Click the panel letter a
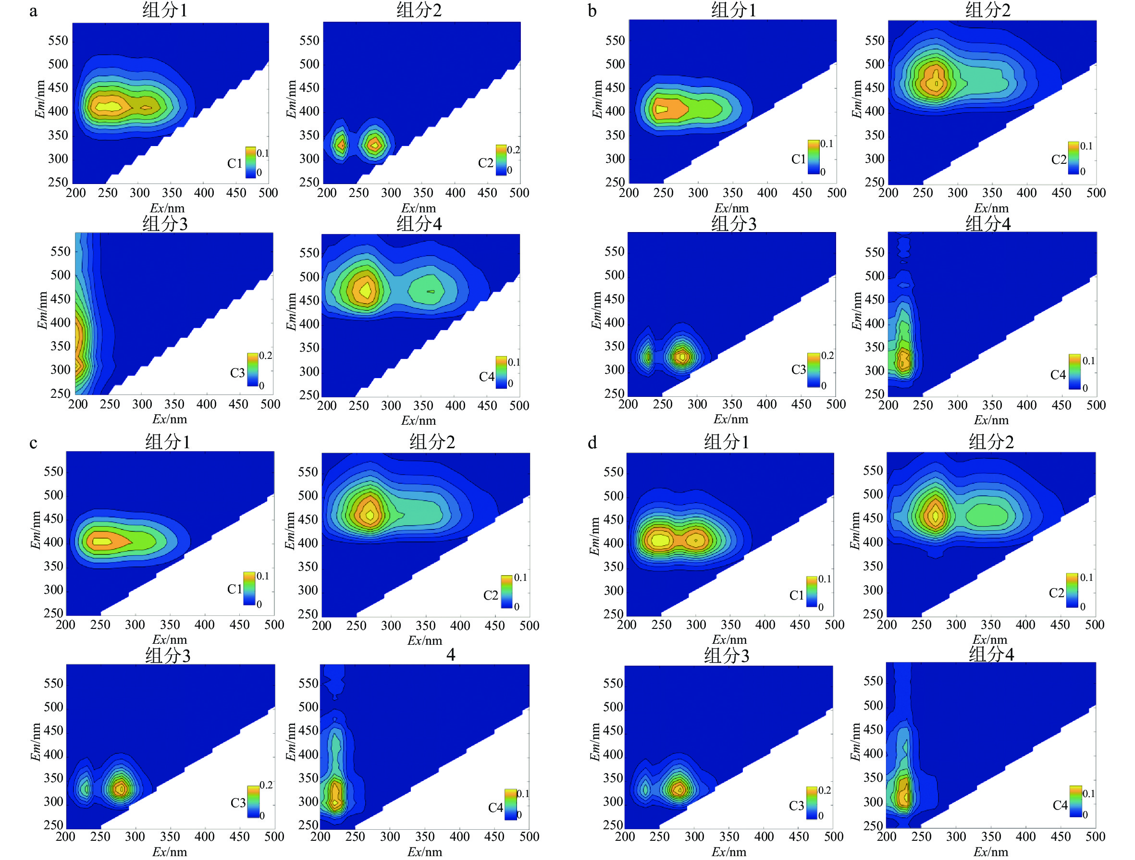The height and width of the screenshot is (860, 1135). pyautogui.click(x=33, y=11)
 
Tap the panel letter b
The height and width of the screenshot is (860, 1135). pyautogui.click(x=592, y=11)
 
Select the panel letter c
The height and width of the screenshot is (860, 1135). pyautogui.click(x=33, y=443)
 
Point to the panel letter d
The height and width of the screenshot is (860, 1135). pyautogui.click(x=592, y=443)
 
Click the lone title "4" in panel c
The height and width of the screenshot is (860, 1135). pyautogui.click(x=451, y=655)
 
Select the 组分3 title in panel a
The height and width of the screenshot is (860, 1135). pyautogui.click(x=165, y=224)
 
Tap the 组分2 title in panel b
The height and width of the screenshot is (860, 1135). pyautogui.click(x=988, y=10)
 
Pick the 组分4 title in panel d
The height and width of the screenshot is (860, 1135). pyautogui.click(x=991, y=654)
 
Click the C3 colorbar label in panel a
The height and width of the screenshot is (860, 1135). pyautogui.click(x=237, y=373)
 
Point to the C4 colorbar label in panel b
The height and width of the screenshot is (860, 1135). pyautogui.click(x=1058, y=375)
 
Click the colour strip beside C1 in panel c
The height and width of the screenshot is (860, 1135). pyautogui.click(x=249, y=589)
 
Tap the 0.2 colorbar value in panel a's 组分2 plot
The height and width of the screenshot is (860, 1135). pyautogui.click(x=514, y=150)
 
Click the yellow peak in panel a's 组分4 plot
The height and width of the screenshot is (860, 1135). pyautogui.click(x=365, y=290)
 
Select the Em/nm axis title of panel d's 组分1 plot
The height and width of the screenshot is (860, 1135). pyautogui.click(x=594, y=536)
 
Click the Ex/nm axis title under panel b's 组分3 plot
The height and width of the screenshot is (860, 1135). pyautogui.click(x=731, y=420)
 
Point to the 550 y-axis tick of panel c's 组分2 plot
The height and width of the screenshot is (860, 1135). pyautogui.click(x=308, y=472)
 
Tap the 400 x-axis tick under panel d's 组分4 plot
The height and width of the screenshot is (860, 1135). pyautogui.click(x=1025, y=837)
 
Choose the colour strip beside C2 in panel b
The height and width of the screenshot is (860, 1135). pyautogui.click(x=1073, y=158)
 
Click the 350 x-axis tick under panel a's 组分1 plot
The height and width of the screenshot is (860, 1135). pyautogui.click(x=172, y=193)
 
